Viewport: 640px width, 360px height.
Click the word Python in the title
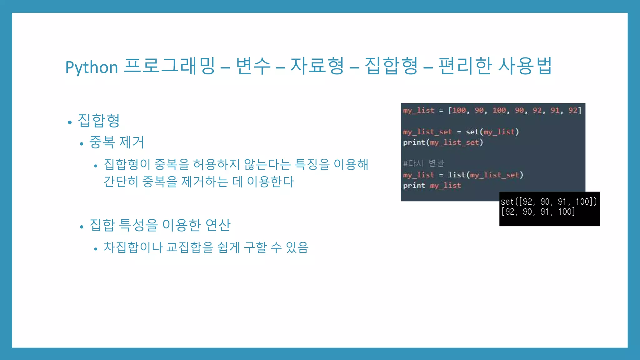[x=92, y=67]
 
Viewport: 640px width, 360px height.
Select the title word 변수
[x=253, y=66]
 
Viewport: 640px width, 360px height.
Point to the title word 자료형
[x=317, y=66]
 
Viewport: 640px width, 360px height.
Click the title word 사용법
[x=525, y=66]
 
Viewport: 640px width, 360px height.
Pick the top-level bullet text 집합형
[x=99, y=121]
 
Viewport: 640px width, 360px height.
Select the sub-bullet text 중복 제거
[x=117, y=142]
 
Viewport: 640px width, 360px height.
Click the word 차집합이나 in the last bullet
[x=133, y=247]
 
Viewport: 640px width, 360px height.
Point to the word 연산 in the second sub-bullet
[x=218, y=225]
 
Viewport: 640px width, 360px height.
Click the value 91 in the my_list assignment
[x=555, y=110]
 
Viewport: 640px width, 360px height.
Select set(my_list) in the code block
[x=492, y=132]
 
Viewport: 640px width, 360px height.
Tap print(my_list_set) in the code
[x=443, y=142]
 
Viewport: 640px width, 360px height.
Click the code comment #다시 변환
[x=423, y=163]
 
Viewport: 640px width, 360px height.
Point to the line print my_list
[x=432, y=186]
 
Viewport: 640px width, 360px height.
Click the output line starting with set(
[x=548, y=202]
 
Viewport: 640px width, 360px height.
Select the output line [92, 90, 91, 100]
[x=538, y=212]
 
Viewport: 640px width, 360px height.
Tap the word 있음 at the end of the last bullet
[x=297, y=247]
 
